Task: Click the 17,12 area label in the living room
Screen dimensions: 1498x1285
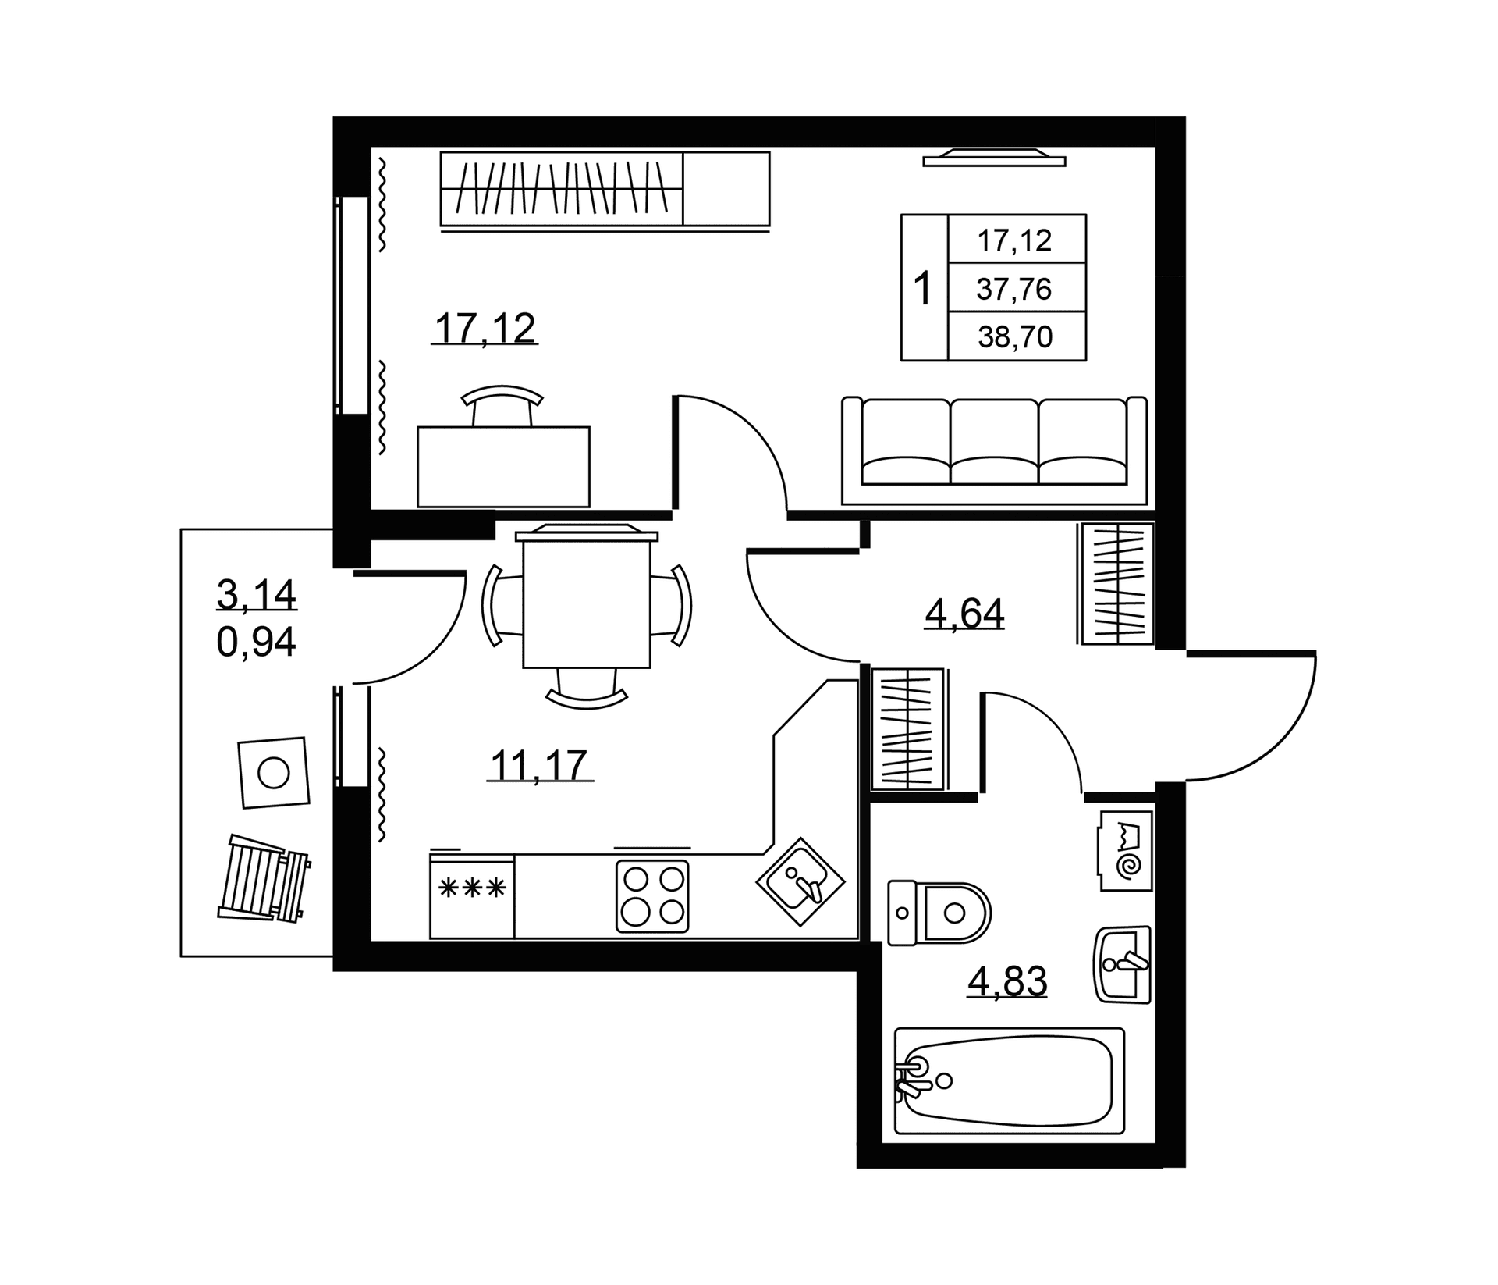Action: point(485,329)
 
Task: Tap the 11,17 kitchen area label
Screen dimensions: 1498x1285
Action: point(538,765)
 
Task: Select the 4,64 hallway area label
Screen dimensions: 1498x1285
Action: point(964,613)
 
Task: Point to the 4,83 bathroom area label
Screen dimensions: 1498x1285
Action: point(1007,981)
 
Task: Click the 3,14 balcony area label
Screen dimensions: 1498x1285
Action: point(256,595)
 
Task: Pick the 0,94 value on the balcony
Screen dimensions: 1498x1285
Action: point(256,642)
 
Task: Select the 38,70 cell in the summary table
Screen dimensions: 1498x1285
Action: point(1015,336)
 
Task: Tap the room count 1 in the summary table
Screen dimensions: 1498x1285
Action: point(923,289)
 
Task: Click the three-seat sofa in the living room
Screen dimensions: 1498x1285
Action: point(994,450)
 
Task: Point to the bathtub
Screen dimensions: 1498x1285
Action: point(1009,1080)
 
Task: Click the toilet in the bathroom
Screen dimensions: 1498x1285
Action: point(939,913)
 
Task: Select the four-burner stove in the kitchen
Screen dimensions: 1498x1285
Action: point(652,896)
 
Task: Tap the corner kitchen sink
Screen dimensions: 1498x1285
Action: point(800,882)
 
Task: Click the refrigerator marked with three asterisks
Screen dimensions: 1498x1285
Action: point(472,895)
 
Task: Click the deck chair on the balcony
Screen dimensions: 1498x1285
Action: point(264,878)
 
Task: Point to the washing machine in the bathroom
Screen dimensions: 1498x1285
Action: point(1126,850)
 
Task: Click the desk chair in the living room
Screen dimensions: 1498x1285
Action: point(502,405)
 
